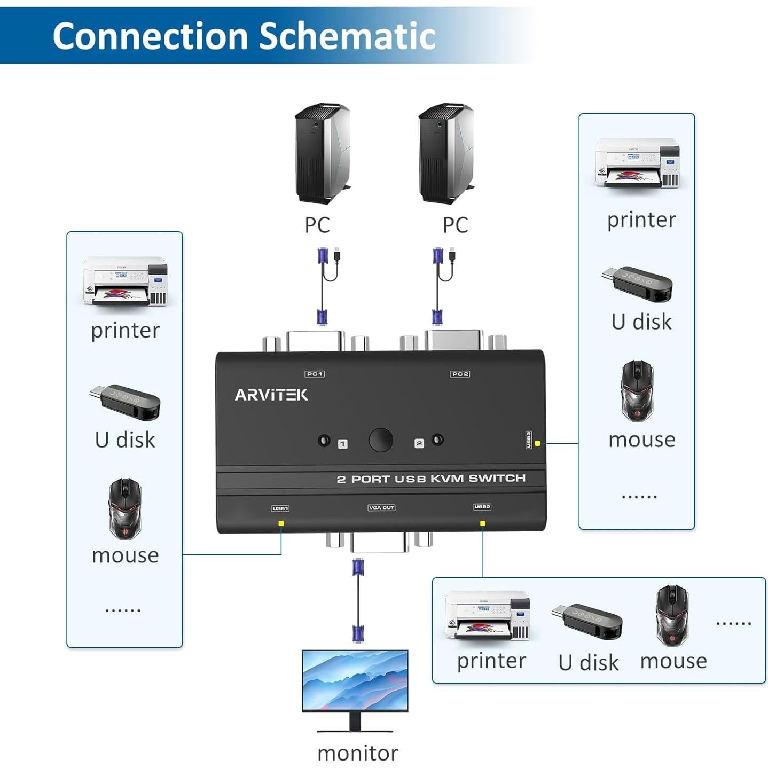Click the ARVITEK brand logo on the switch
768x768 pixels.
coord(271,395)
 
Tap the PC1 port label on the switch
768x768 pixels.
coord(315,374)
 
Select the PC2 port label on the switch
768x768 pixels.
coord(460,374)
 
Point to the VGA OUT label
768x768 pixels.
coord(381,507)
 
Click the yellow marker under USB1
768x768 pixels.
coord(281,523)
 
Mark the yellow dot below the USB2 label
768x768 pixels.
coord(483,523)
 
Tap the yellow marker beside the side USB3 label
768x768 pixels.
coord(537,443)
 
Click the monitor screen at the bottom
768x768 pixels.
coord(355,679)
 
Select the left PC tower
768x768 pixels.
coord(322,153)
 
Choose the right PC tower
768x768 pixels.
coord(445,153)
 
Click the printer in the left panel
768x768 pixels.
coord(125,281)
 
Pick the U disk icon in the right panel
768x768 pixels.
coord(637,284)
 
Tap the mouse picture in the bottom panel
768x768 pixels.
coord(672,615)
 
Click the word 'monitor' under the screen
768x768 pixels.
coord(357,753)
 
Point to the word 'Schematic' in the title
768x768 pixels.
coord(347,36)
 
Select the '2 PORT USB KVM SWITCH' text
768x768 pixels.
coord(431,479)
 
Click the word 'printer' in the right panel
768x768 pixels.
coord(641,220)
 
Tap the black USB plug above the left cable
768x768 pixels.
coord(338,255)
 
